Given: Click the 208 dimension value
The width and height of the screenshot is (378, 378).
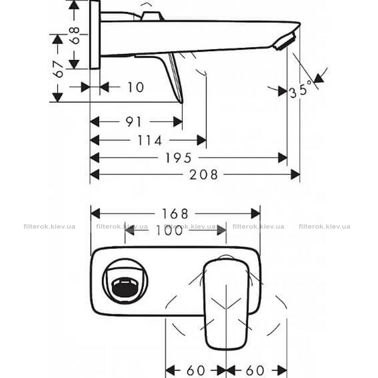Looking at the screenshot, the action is click(x=203, y=175).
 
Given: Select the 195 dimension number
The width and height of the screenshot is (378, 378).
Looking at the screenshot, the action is click(x=178, y=158).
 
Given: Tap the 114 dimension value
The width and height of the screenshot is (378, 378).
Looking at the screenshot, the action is click(x=149, y=141).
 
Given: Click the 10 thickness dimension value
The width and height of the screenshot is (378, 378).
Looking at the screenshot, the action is click(x=135, y=87).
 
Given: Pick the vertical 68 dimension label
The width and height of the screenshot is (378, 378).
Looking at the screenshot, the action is click(x=74, y=35).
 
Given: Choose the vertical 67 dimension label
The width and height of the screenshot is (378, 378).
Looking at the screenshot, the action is click(x=58, y=69).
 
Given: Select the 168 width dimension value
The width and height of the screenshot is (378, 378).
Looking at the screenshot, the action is click(x=175, y=214).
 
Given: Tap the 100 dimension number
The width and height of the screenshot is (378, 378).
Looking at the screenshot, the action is click(x=169, y=230).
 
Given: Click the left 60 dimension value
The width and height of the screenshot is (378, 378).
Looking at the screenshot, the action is click(x=196, y=370).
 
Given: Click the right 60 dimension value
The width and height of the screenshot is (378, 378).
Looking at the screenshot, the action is click(x=255, y=370).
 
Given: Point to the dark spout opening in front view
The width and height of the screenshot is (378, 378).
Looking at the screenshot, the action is click(x=125, y=288).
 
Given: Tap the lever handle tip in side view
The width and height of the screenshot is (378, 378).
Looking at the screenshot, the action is click(x=181, y=102).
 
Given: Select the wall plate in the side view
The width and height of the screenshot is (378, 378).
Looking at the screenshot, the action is click(x=95, y=35).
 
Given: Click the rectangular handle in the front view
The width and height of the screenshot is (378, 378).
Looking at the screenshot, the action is click(x=226, y=304).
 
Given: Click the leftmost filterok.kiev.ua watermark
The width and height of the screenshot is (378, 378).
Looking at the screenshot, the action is click(x=50, y=226).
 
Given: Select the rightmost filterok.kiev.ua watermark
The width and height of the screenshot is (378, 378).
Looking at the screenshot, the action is click(x=324, y=226).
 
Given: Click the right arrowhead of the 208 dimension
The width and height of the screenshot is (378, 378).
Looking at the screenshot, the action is click(x=295, y=175).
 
